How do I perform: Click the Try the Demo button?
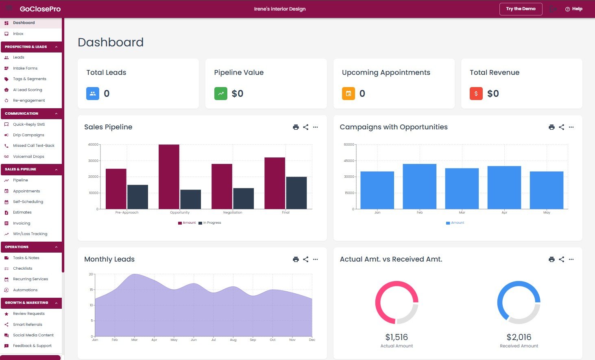pos(521,9)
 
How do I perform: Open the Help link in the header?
pos(574,9)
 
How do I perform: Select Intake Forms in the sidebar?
pos(25,68)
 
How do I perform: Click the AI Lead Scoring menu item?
pos(27,90)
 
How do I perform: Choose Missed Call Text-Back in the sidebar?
pos(33,146)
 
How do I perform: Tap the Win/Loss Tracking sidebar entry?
pos(30,234)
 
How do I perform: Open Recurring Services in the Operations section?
pos(31,279)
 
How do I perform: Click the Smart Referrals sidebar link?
pos(28,325)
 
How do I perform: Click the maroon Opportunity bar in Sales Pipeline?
pos(169,177)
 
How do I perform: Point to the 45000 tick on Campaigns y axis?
pos(349,161)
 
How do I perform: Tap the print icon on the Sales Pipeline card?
pos(296,127)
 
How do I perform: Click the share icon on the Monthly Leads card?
pos(306,260)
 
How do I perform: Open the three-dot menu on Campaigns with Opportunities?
pos(571,127)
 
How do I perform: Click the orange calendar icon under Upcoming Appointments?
pos(348,94)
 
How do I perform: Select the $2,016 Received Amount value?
pos(519,337)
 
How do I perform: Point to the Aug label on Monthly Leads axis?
pos(233,340)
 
